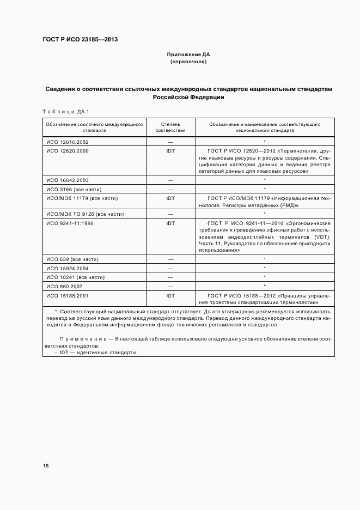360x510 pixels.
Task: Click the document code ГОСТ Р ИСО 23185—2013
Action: [80, 39]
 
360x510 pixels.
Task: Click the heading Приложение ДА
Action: [188, 54]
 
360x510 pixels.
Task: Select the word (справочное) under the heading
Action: [188, 62]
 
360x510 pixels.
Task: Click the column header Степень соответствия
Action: [170, 127]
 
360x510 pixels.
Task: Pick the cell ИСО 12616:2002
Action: [67, 142]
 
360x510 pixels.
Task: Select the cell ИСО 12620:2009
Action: [67, 150]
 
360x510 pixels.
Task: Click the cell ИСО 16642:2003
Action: [67, 179]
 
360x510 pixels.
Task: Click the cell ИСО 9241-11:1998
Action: [70, 223]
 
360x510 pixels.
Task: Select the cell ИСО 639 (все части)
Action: [72, 259]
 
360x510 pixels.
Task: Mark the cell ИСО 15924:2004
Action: [67, 268]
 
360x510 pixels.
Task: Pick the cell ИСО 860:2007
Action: [65, 286]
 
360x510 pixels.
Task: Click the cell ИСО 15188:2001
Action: [67, 295]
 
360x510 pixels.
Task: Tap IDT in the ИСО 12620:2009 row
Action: [170, 150]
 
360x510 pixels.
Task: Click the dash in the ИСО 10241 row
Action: [170, 277]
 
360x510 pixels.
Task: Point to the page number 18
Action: [46, 466]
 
